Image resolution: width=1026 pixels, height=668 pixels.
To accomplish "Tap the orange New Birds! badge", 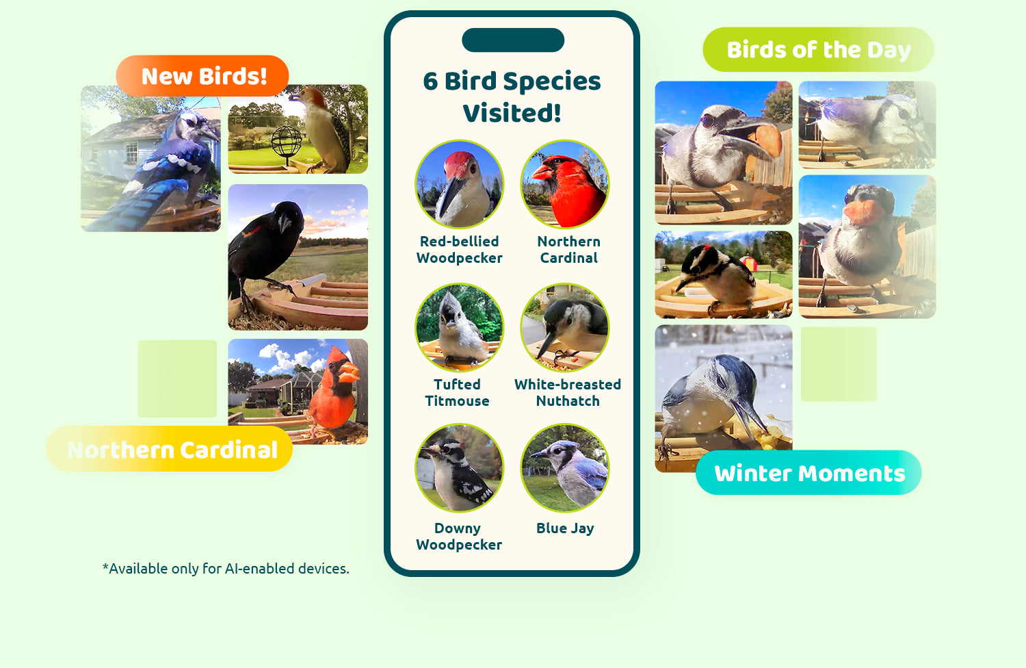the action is tap(202, 76).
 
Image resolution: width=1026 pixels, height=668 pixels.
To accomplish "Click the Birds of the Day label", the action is tap(818, 49).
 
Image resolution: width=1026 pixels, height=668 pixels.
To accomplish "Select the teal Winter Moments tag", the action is tap(808, 473).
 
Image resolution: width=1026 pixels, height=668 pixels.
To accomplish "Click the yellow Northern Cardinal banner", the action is tap(170, 449).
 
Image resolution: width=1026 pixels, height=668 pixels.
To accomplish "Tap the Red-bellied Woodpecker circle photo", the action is tap(459, 184).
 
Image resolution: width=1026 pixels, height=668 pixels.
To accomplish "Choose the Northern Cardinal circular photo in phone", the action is tap(565, 184).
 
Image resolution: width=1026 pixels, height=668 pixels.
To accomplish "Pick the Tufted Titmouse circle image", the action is tap(459, 327).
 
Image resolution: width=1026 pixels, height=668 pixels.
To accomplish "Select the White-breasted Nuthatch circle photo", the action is tap(565, 327).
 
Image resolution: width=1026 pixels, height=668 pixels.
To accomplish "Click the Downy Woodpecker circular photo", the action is tap(459, 467).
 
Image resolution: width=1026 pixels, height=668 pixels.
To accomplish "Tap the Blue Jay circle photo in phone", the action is tap(565, 467).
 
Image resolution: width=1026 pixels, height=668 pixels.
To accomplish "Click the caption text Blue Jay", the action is tap(565, 528).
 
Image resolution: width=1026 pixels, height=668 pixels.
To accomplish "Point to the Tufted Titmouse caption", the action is tap(457, 392).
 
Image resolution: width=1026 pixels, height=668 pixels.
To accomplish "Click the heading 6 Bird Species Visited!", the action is tap(512, 97).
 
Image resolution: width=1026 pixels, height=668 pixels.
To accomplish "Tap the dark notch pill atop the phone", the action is tap(513, 40).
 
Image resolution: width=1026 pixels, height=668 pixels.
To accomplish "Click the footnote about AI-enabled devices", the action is tap(226, 569).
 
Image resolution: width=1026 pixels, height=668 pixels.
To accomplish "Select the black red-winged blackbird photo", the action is tap(298, 257).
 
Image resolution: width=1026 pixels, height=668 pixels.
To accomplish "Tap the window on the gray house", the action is tap(131, 153).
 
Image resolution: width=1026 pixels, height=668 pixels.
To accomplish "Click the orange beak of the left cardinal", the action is tap(349, 372).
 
